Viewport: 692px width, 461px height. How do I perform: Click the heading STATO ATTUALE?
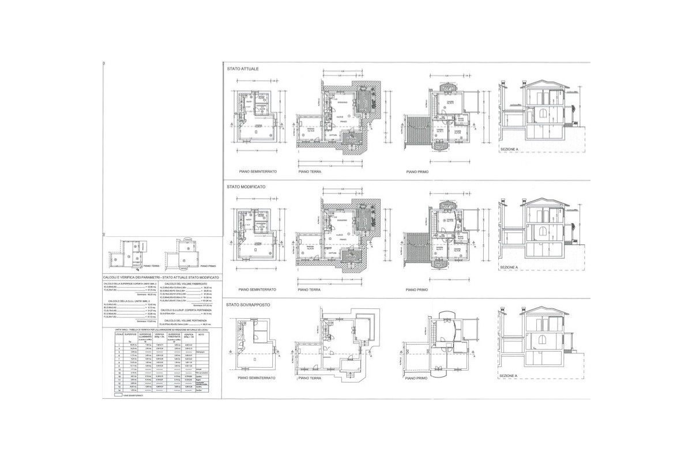point(243,69)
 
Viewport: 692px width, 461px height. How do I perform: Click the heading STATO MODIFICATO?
point(246,187)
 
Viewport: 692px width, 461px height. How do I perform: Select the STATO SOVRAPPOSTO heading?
point(249,304)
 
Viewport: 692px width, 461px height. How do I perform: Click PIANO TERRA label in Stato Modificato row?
point(310,289)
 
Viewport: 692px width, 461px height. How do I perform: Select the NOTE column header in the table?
point(202,334)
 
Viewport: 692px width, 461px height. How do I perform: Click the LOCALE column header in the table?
point(119,334)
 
